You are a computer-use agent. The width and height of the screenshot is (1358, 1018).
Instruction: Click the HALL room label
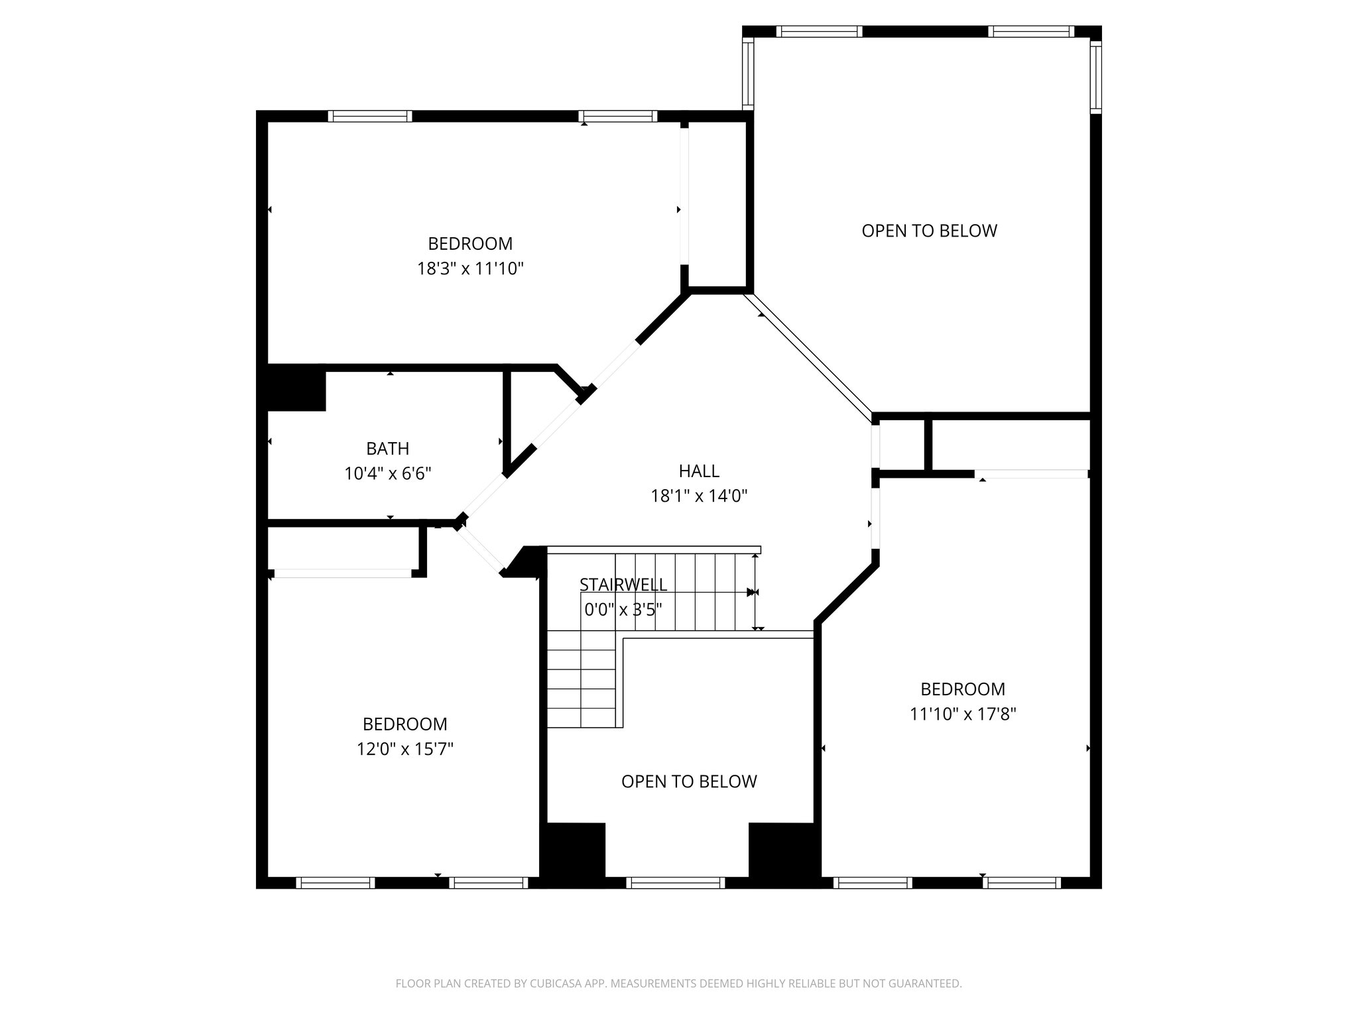point(699,471)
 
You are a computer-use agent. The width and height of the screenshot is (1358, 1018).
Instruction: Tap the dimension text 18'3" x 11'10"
point(470,269)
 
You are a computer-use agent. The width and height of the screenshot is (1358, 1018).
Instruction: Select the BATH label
point(387,449)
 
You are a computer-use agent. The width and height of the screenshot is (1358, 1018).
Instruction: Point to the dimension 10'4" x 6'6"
point(388,474)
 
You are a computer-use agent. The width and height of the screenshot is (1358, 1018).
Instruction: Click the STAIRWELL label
point(623,585)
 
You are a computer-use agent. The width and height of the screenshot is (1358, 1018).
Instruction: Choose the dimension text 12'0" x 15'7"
point(404,750)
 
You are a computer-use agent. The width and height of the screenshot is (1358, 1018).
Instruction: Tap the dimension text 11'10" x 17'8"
point(963,714)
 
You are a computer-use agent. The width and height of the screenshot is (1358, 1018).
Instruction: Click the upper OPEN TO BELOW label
point(929,231)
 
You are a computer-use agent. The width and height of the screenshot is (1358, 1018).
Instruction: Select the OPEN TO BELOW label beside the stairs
point(689,781)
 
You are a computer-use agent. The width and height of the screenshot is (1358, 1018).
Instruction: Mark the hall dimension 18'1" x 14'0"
point(699,496)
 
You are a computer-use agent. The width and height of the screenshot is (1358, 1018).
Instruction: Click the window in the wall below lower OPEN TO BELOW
point(676,883)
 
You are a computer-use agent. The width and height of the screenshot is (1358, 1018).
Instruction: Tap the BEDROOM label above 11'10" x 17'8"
point(963,689)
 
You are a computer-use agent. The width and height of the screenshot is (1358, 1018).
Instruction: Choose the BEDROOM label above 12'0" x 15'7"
point(404,724)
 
